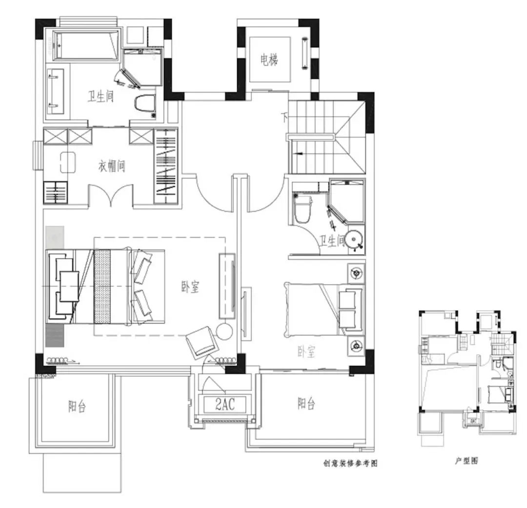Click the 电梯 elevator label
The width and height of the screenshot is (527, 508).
269,61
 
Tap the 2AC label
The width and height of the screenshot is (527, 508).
225,404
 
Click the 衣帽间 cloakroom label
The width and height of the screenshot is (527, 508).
112,166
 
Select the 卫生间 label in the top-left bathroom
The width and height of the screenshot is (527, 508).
101,97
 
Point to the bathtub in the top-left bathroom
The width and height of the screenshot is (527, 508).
86,46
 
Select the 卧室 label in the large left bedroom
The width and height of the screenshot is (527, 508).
190,287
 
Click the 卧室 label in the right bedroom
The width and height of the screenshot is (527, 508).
306,352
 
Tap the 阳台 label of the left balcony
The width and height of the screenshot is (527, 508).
77,406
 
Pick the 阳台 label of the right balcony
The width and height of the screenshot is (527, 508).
306,403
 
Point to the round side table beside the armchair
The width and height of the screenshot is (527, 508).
224,331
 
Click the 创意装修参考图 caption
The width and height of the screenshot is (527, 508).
350,463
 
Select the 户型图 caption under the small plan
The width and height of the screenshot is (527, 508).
466,461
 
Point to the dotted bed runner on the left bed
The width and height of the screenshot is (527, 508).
102,286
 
